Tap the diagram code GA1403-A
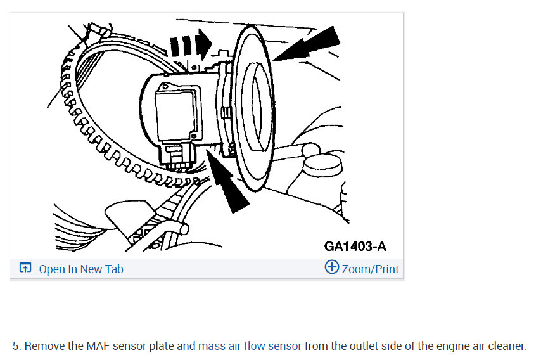pyautogui.click(x=355, y=247)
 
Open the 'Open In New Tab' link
pyautogui.click(x=80, y=269)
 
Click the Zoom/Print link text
pyautogui.click(x=370, y=269)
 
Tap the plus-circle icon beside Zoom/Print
pyautogui.click(x=331, y=267)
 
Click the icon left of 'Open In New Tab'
pyautogui.click(x=25, y=268)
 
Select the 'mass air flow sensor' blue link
pyautogui.click(x=250, y=346)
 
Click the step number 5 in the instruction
pyautogui.click(x=16, y=346)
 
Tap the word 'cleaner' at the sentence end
pyautogui.click(x=506, y=346)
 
